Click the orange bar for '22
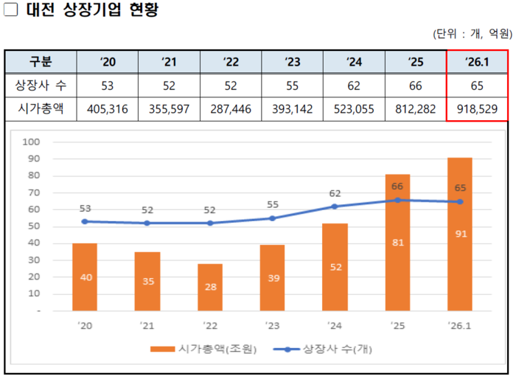point(210,287)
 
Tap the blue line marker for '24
point(335,206)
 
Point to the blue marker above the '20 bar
point(85,221)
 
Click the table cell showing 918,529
point(477,109)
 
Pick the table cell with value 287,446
point(231,109)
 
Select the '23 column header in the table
point(293,61)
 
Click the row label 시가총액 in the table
point(40,109)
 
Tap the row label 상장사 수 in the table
point(40,86)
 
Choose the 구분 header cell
point(40,61)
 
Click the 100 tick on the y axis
point(32,142)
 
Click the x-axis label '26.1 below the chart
point(460,324)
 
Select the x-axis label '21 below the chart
point(147,324)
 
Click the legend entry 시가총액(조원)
point(203,349)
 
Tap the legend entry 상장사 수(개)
point(324,349)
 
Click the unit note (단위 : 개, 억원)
point(473,34)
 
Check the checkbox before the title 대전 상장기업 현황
point(10,11)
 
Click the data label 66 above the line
point(397,187)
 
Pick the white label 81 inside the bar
point(397,242)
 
